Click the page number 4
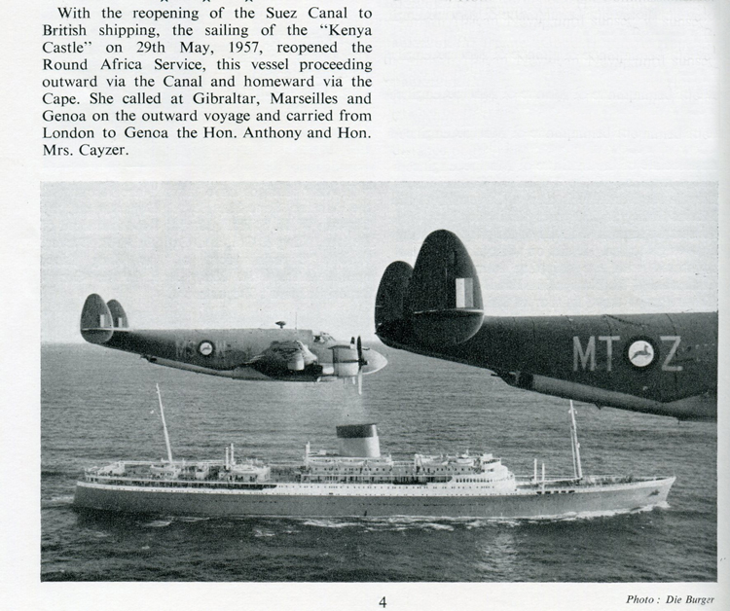tap(383, 601)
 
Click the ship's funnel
tap(357, 440)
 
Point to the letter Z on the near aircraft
tap(672, 353)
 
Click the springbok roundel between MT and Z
tap(639, 353)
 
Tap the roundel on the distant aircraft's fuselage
tap(206, 347)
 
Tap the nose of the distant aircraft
tap(381, 360)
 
